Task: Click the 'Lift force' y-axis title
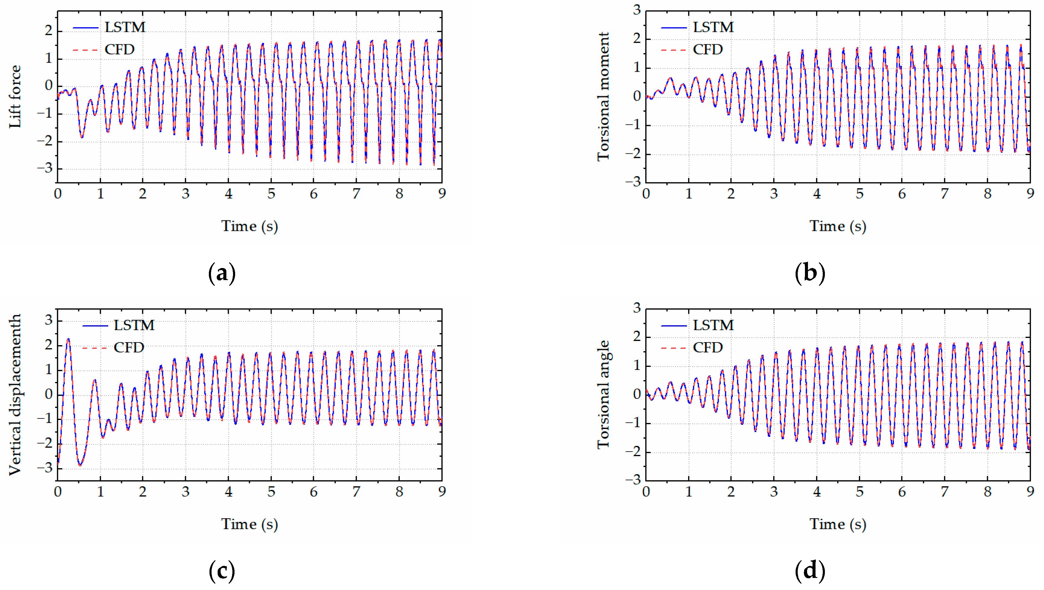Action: [15, 96]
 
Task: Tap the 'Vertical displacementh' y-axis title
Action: [15, 394]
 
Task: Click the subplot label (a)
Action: [222, 273]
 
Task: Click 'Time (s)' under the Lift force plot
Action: [249, 226]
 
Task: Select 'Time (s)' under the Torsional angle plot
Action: [838, 524]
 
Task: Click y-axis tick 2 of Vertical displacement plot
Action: [49, 345]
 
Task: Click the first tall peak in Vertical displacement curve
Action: [68, 339]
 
